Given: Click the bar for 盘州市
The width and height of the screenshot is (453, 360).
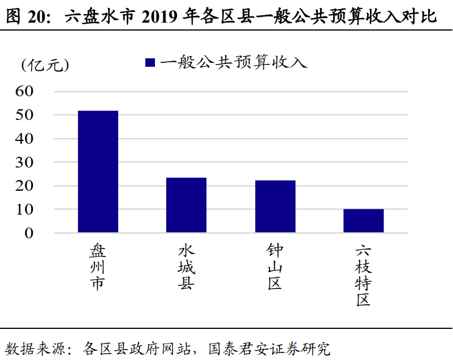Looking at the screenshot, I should point(98,172).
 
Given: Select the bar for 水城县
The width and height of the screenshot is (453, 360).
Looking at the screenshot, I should point(186,205).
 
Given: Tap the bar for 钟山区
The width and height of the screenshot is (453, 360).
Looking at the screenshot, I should point(275,207).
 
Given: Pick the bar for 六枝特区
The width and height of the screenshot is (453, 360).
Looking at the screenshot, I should point(364,221).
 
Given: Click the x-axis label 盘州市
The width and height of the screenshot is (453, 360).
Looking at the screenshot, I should point(98,267).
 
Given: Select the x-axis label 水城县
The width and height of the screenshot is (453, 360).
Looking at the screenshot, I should point(186,267).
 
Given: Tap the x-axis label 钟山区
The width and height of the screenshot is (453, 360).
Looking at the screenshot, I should point(275,267).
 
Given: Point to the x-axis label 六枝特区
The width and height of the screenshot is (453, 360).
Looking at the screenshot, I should point(364,275).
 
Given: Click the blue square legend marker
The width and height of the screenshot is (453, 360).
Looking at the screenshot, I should point(150,62).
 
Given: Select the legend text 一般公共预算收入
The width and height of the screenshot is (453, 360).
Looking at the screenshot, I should point(233,62).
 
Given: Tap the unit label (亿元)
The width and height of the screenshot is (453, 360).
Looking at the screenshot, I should point(45,65).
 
